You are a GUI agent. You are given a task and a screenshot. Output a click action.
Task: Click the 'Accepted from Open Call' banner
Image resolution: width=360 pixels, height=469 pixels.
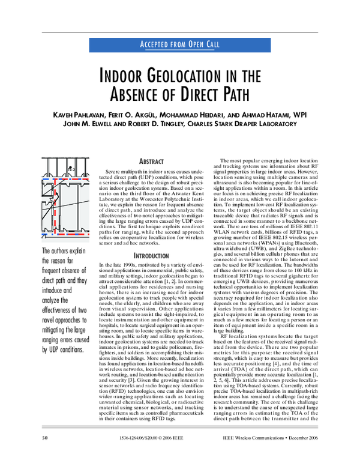pyautogui.click(x=179, y=44)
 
